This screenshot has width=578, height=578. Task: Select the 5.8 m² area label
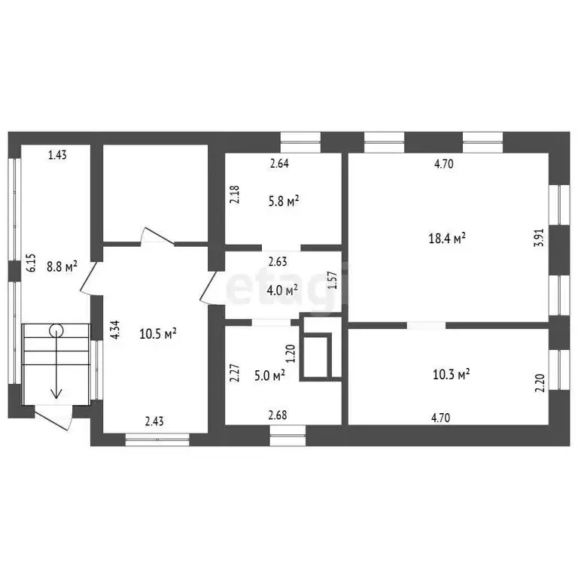[x=284, y=201]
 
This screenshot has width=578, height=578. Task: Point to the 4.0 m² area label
[x=283, y=288]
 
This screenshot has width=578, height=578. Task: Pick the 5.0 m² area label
[x=269, y=375]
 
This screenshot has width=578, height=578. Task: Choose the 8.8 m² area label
[x=62, y=266]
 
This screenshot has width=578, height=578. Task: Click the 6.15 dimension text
[x=31, y=261]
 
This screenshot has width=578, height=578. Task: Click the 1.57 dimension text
[x=331, y=281]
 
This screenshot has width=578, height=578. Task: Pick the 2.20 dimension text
[x=539, y=385]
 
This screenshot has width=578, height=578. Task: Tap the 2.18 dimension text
[x=235, y=195]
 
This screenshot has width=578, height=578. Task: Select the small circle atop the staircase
[x=56, y=329]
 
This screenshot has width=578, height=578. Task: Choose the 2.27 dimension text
[x=235, y=374]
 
